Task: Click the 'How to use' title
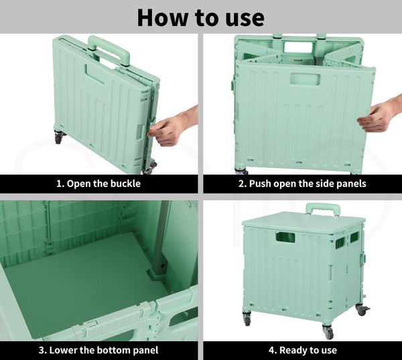[x=201, y=17]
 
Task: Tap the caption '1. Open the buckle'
[x=98, y=184]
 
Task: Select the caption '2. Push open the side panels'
[x=302, y=184]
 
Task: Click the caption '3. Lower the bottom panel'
[x=98, y=350]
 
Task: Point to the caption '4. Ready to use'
[x=303, y=350]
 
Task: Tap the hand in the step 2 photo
[x=379, y=114]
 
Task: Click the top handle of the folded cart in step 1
[x=109, y=49]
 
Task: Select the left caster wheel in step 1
[x=59, y=137]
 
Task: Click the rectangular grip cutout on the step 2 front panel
[x=305, y=79]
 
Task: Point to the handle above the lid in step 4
[x=323, y=208]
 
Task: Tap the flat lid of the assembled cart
[x=304, y=222]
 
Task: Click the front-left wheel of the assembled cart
[x=247, y=319]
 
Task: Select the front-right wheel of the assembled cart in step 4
[x=328, y=332]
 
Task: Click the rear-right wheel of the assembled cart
[x=362, y=310]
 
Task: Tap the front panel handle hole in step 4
[x=285, y=237]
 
